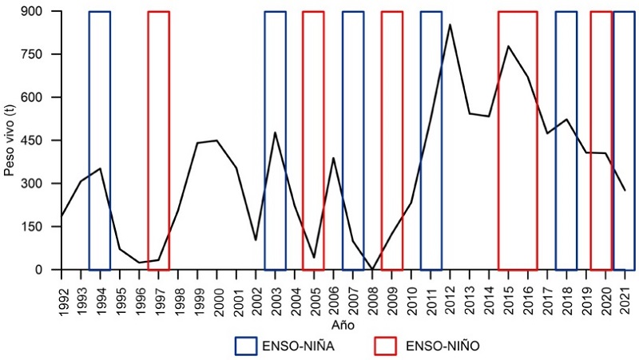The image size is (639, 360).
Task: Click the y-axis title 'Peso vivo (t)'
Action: click(x=9, y=140)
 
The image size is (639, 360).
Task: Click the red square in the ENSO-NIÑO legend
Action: click(x=386, y=346)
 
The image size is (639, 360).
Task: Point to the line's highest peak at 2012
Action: click(x=450, y=25)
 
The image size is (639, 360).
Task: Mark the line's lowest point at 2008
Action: click(x=372, y=269)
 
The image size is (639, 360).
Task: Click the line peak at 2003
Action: click(x=275, y=133)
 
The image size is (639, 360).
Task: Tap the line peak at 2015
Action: click(x=508, y=46)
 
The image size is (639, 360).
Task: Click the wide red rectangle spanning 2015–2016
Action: click(x=518, y=140)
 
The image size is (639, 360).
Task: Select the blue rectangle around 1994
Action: click(x=100, y=140)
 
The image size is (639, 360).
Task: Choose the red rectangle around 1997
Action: click(x=158, y=140)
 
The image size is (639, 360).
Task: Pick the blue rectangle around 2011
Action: click(x=431, y=140)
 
